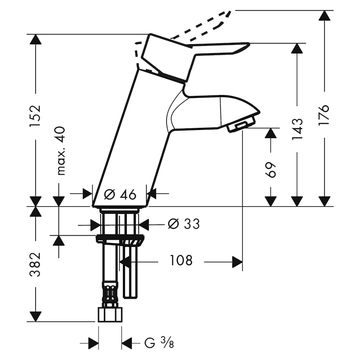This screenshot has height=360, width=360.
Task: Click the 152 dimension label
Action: coord(36,116)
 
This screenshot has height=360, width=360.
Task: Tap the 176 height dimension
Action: coord(324,115)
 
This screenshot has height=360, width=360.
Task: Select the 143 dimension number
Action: coord(297,129)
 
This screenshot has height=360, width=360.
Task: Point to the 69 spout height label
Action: coord(271,170)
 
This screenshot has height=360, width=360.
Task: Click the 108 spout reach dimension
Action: coord(181,261)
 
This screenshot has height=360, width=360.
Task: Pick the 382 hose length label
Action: coord(36,265)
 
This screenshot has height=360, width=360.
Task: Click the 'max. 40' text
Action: coord(61,151)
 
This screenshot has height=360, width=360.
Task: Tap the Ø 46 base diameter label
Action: coord(120,194)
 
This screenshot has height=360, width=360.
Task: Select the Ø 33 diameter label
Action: coord(184,224)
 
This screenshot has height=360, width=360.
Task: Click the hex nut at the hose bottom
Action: coord(110,315)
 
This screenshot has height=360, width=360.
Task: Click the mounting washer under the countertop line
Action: coord(120,240)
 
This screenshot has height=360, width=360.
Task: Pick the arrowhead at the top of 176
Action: coord(324,16)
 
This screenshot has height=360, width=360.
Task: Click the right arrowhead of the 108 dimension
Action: coord(237,262)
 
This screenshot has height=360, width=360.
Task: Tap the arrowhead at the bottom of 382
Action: coord(36,316)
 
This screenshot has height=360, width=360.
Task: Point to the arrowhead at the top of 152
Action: coord(36,40)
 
